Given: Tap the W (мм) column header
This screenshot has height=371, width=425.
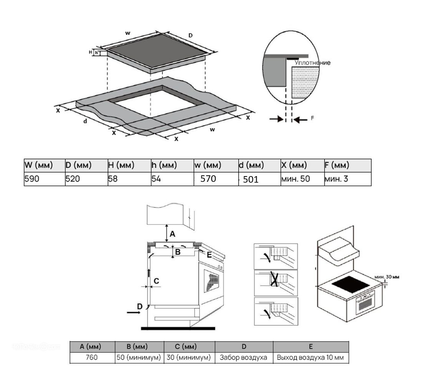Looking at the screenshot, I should [x=38, y=165].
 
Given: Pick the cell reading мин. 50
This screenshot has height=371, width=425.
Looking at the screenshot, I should [x=296, y=179].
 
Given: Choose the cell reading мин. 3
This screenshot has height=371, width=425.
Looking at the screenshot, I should [x=336, y=179].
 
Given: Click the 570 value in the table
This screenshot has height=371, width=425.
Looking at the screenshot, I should [x=209, y=179].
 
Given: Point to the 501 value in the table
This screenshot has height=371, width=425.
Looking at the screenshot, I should [x=251, y=179].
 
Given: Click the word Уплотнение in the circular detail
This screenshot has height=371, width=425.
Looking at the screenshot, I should [x=312, y=63].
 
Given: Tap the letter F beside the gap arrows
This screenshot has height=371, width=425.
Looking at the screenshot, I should [x=312, y=118].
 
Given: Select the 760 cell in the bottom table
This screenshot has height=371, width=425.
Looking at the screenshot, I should [x=93, y=358].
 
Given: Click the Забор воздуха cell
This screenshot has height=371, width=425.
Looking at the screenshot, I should [x=243, y=358].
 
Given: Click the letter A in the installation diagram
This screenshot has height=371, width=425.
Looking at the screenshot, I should [x=173, y=233].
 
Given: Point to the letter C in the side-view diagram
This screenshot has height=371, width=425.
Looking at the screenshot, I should [x=156, y=281].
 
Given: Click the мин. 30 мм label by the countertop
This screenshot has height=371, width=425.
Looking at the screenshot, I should [x=387, y=276].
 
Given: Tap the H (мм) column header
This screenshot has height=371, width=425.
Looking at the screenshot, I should [x=121, y=165].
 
